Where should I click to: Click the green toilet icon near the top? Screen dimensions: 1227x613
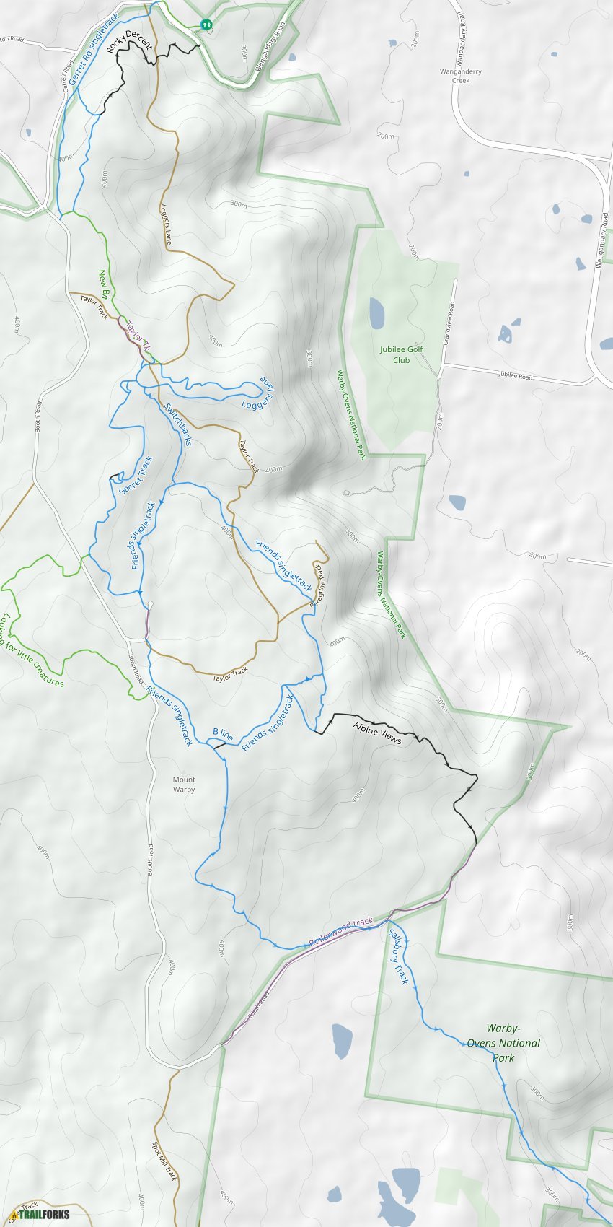pyautogui.click(x=207, y=24)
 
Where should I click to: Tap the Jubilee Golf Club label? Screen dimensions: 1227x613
pyautogui.click(x=402, y=354)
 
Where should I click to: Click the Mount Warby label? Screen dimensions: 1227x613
pyautogui.click(x=184, y=785)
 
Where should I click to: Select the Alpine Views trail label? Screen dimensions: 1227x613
pyautogui.click(x=377, y=733)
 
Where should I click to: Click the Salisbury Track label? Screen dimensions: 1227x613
pyautogui.click(x=399, y=956)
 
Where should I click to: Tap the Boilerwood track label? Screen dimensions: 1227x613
pyautogui.click(x=340, y=933)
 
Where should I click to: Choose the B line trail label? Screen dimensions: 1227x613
pyautogui.click(x=223, y=734)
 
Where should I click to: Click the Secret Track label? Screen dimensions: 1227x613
pyautogui.click(x=136, y=475)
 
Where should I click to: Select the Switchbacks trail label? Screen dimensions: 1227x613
pyautogui.click(x=177, y=424)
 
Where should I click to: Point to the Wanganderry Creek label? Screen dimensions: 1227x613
pyautogui.click(x=461, y=76)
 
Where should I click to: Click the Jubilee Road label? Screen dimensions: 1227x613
pyautogui.click(x=515, y=376)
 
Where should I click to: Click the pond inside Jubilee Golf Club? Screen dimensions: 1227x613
pyautogui.click(x=376, y=313)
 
